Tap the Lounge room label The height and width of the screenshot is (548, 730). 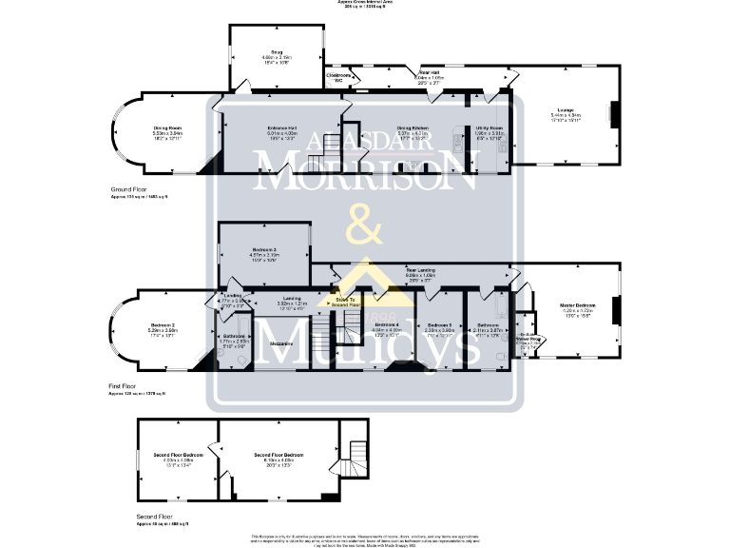tap(565, 110)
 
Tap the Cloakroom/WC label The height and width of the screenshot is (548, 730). tap(338, 77)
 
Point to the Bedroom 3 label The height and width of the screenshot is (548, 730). tap(263, 250)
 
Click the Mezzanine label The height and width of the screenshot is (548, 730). tap(279, 342)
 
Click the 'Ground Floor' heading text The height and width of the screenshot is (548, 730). tap(128, 190)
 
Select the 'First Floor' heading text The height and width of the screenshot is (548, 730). tap(124, 387)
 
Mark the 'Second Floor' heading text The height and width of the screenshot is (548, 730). tap(154, 519)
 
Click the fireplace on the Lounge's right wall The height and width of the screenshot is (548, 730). tap(613, 114)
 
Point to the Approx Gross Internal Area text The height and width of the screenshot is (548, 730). tap(364, 3)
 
